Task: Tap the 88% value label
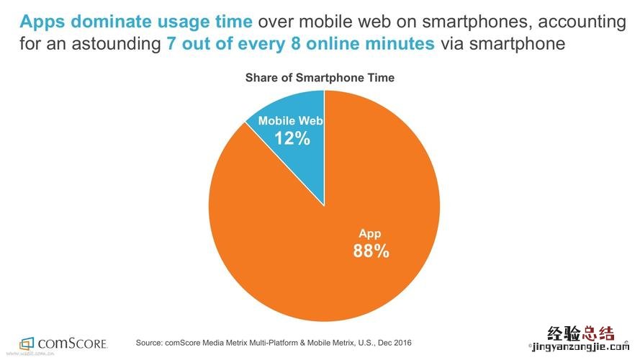click(371, 251)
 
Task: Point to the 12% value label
click(292, 138)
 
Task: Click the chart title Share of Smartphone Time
click(320, 78)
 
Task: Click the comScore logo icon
click(27, 343)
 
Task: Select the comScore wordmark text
click(73, 343)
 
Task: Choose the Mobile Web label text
click(291, 120)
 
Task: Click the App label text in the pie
click(370, 233)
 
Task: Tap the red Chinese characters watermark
click(582, 335)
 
